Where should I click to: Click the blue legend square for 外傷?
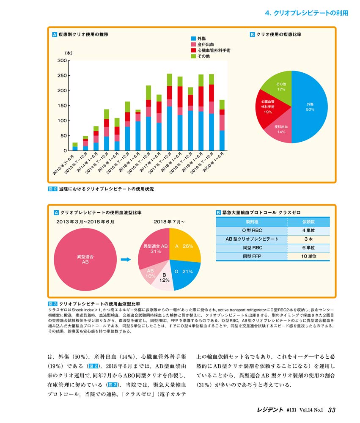(x=193, y=38)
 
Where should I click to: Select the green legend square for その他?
(x=193, y=56)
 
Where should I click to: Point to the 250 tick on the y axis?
(x=62, y=76)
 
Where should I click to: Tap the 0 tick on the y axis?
(x=65, y=151)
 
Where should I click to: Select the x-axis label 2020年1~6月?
(x=214, y=162)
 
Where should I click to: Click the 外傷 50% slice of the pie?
(x=310, y=107)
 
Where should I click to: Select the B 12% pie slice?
(x=164, y=279)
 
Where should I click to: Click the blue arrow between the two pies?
(x=126, y=260)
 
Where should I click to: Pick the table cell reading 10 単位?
(x=308, y=256)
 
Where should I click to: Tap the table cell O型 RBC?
(x=252, y=231)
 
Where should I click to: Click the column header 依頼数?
(x=308, y=222)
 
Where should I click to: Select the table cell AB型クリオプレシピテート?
(x=252, y=239)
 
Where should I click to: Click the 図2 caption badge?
(x=52, y=189)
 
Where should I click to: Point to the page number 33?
(x=332, y=410)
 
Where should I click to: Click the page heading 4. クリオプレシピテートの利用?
(x=307, y=13)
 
